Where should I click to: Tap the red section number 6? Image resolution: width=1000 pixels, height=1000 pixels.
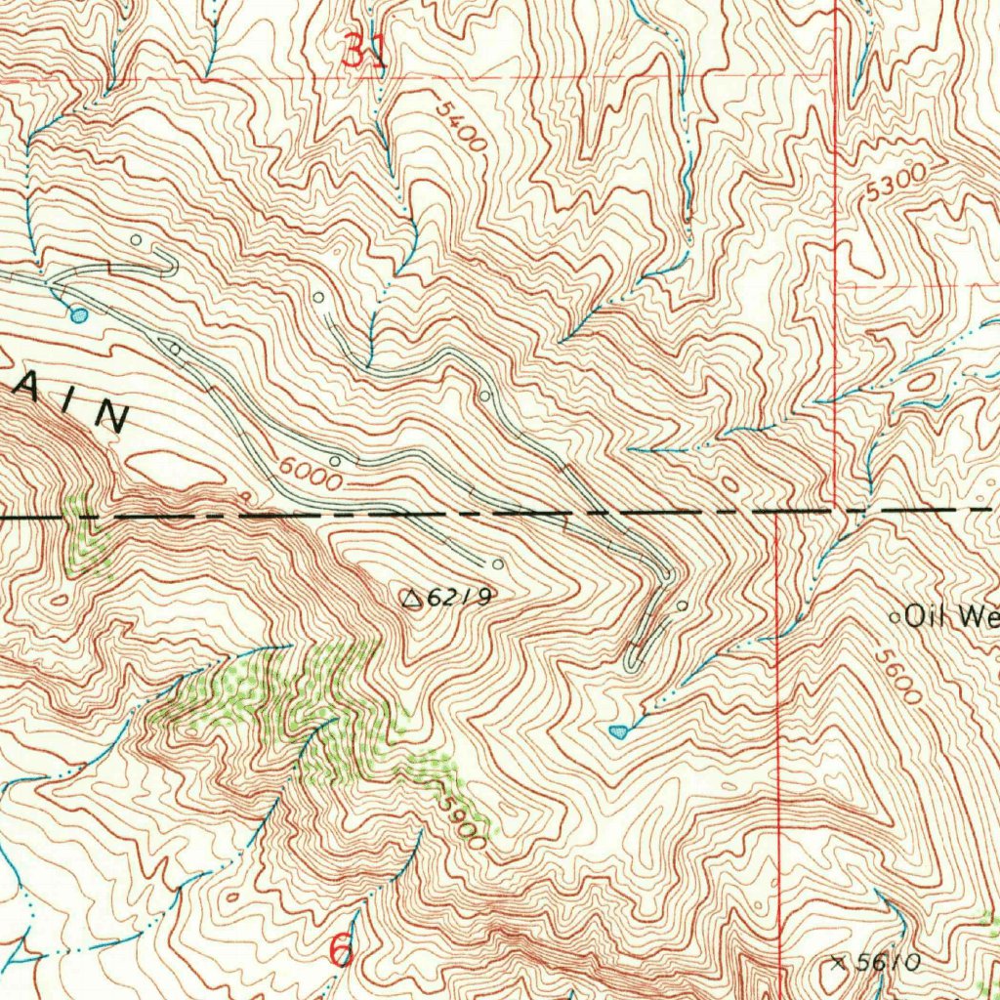pos(341,949)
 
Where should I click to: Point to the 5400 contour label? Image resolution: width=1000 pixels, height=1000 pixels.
pos(461,124)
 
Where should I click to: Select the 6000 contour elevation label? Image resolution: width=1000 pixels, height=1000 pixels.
pos(310,474)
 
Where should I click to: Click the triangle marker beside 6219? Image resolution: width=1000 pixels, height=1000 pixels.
pos(412,598)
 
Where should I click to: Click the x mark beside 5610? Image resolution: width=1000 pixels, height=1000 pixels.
pos(837,962)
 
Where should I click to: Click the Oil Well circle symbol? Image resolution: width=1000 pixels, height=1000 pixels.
pos(896,617)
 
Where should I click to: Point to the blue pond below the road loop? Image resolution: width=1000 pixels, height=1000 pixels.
pos(618,730)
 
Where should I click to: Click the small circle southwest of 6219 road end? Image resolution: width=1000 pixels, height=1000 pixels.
pos(498,563)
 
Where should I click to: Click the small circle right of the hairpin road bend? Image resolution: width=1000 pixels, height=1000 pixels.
pos(682,605)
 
